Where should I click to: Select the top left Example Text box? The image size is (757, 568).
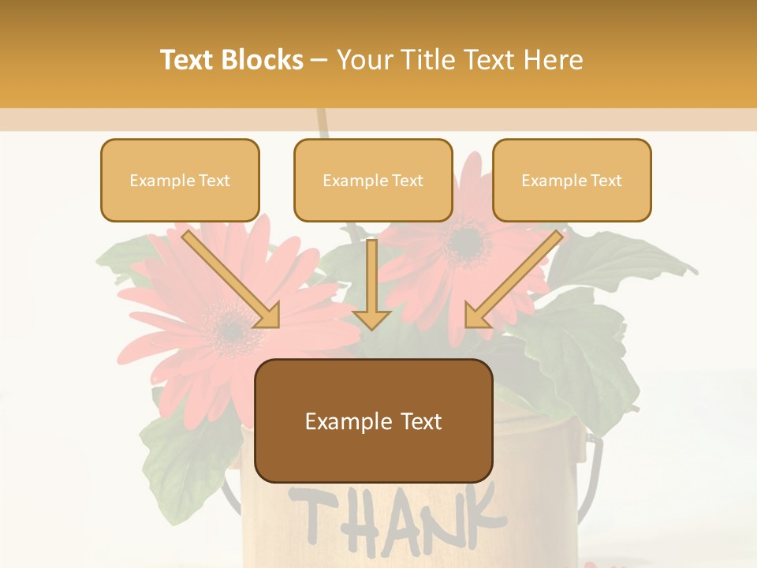(x=180, y=180)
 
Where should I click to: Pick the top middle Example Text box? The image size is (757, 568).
(x=373, y=180)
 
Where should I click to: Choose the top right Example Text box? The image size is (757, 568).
(x=572, y=180)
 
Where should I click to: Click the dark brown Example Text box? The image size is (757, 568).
(x=374, y=421)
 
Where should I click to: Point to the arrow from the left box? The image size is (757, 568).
(x=233, y=280)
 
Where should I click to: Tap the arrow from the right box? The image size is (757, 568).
(x=513, y=280)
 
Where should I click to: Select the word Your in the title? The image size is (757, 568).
(x=365, y=60)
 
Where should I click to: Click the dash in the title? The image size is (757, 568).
(x=319, y=60)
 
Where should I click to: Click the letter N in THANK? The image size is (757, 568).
(x=434, y=519)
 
